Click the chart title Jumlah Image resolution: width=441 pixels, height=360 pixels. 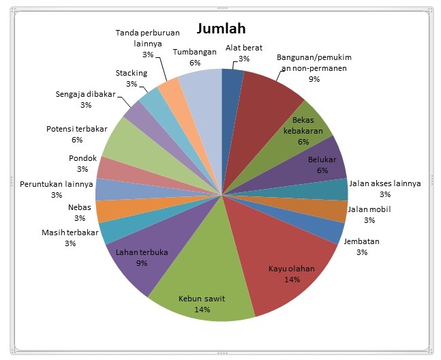[221, 29]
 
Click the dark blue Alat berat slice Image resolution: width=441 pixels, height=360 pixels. [231, 112]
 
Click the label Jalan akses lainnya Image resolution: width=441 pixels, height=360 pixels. [385, 183]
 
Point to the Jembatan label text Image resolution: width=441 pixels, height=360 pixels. [362, 241]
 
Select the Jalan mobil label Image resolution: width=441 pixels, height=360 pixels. [369, 209]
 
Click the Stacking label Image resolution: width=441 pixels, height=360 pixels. [132, 73]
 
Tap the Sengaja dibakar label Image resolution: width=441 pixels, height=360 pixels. [86, 94]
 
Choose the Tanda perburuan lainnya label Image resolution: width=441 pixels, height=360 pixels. [148, 38]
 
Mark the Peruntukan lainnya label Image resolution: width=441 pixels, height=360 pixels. [57, 185]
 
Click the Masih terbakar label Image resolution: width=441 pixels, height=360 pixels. [70, 233]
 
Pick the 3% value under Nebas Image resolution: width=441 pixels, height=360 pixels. [80, 218]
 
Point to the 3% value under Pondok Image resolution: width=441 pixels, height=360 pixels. [82, 169]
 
